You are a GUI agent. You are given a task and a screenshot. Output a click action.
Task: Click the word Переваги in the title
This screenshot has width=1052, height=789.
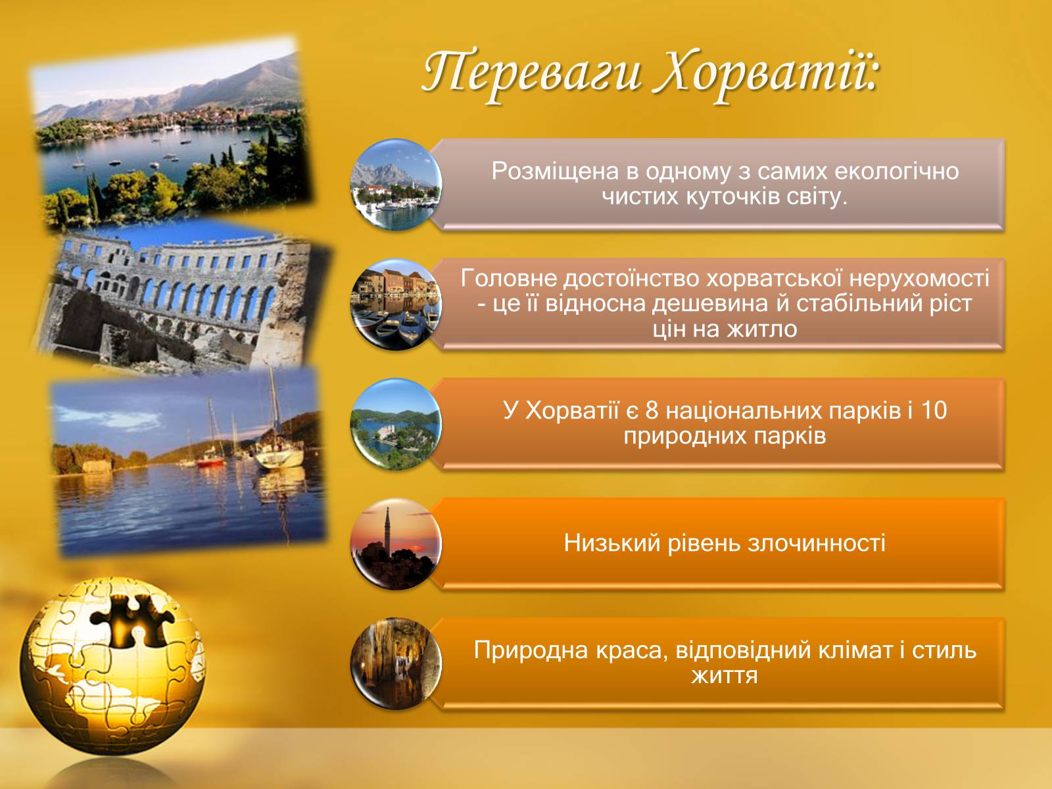531,75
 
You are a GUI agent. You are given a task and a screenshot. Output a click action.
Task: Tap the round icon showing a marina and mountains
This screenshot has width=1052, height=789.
396,185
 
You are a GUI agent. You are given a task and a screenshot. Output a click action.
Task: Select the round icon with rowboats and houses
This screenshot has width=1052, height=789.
396,304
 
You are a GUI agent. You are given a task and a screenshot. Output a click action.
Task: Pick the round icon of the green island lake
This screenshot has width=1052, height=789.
396,425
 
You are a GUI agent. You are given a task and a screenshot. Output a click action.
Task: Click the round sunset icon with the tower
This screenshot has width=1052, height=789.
396,544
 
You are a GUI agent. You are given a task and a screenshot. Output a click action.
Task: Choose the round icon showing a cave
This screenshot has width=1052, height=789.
396,664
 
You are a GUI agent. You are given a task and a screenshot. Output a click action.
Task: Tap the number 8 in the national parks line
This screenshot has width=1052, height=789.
652,410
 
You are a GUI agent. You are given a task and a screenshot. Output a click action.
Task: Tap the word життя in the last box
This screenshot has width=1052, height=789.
725,676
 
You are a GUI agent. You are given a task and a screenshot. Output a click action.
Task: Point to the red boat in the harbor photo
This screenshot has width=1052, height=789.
210,461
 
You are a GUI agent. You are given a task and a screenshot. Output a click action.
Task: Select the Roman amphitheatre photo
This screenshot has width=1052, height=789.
182,299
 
